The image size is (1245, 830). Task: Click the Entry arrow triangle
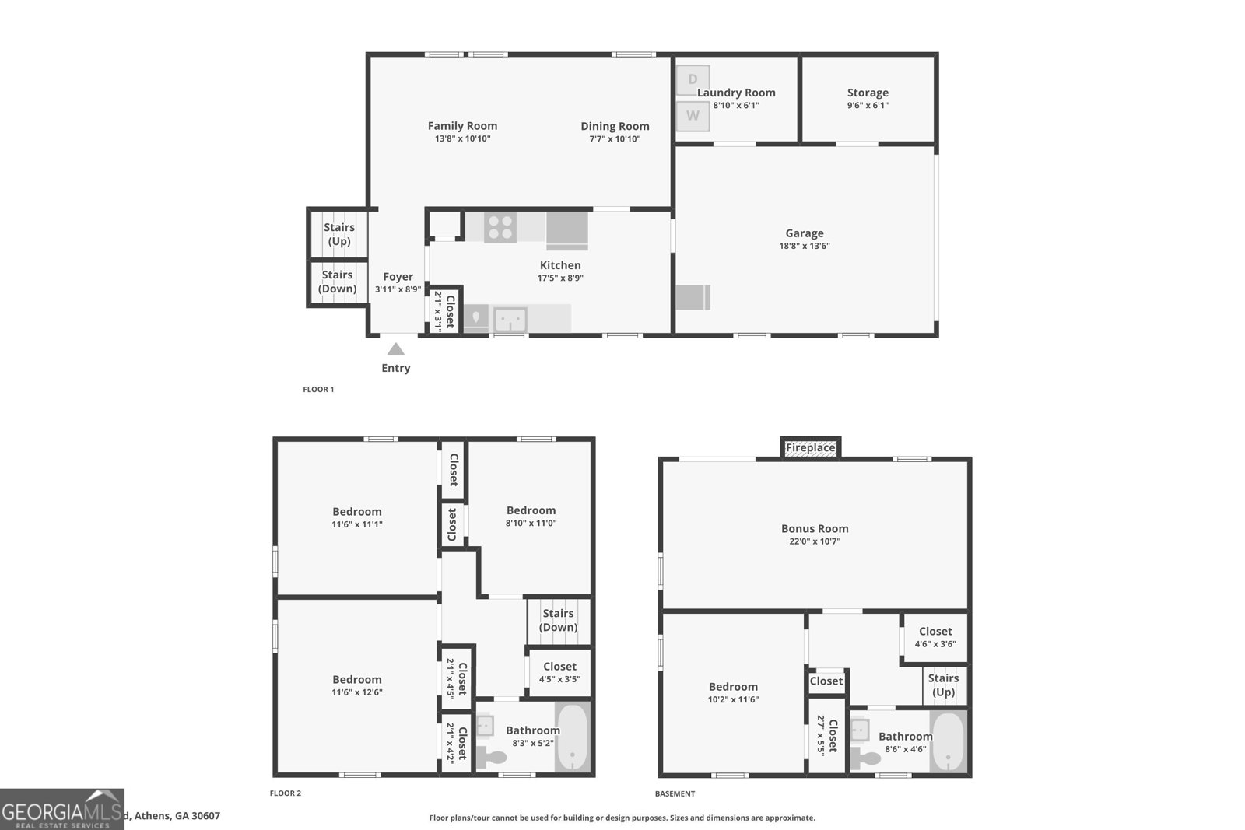pos(396,349)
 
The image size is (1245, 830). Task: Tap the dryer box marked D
pos(693,80)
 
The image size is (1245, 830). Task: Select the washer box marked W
pos(693,116)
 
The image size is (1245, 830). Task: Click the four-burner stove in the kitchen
pos(500,227)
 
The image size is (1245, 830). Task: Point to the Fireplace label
pos(810,448)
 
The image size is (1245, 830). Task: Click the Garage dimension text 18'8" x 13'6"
pos(805,246)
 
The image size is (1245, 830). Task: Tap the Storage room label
pos(868,93)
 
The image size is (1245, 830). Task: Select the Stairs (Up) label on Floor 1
pos(338,234)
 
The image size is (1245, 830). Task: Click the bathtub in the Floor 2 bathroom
pos(573,737)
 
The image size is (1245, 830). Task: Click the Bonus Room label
pos(815,528)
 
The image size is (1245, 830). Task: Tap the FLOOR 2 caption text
pos(285,793)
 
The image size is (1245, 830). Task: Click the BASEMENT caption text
pos(675,793)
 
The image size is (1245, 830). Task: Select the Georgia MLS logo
pos(62,809)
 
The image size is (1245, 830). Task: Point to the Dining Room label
pos(615,126)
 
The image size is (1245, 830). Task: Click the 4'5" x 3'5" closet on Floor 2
pos(559,672)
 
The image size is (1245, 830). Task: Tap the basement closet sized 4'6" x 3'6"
pos(935,637)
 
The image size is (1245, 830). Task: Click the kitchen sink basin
pos(510,319)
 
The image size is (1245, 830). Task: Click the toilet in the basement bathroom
pos(861,755)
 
